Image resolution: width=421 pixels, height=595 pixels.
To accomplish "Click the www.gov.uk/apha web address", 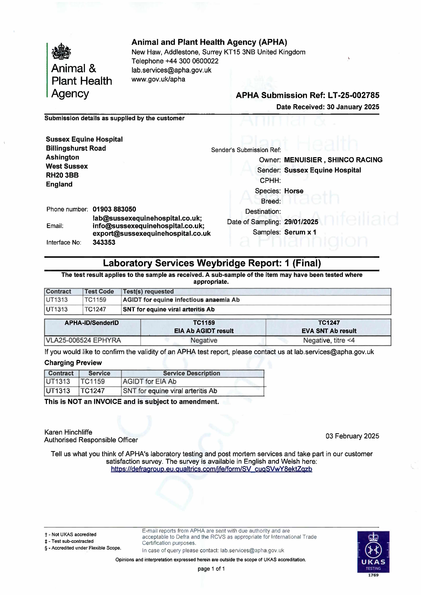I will (x=158, y=79).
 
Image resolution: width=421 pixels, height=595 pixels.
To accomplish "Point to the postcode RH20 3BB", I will (x=62, y=175).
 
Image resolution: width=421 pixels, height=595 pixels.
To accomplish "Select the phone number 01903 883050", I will (x=114, y=209).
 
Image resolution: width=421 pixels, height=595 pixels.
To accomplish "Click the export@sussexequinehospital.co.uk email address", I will (x=151, y=233).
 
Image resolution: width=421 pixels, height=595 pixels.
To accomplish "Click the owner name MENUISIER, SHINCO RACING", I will (x=333, y=160).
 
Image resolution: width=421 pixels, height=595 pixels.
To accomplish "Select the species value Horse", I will (x=294, y=191).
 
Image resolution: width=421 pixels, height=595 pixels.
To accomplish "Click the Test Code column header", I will (x=99, y=292).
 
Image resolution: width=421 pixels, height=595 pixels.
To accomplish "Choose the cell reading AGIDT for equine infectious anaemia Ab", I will (x=181, y=300).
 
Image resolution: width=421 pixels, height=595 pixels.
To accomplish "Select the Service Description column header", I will (x=191, y=373).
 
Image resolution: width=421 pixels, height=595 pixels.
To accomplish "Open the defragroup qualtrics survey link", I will (x=211, y=469).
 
